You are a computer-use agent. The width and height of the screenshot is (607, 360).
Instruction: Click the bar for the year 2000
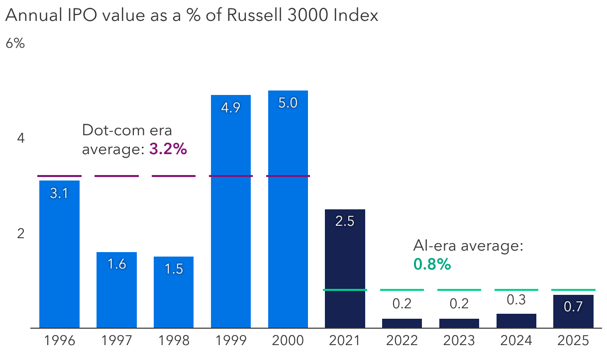click(x=288, y=209)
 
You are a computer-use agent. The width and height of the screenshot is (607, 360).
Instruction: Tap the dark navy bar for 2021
click(x=345, y=269)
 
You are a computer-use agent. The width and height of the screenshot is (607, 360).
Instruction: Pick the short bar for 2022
click(x=402, y=323)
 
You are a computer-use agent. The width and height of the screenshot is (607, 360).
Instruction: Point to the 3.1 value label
click(x=59, y=193)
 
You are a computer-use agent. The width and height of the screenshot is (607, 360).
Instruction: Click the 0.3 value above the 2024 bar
click(x=516, y=300)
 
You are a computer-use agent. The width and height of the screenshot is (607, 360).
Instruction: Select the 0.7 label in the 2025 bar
click(x=573, y=307)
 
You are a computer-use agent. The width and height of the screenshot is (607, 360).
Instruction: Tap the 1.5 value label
click(x=173, y=269)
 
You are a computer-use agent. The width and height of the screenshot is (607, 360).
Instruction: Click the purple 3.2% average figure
click(x=168, y=149)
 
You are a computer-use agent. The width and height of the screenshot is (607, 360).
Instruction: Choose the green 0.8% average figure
click(x=432, y=265)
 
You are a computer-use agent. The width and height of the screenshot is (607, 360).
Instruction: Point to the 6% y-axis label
click(x=15, y=43)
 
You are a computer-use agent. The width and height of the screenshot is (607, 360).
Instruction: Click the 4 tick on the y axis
click(x=21, y=138)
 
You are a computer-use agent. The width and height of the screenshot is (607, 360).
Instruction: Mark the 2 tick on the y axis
click(x=21, y=233)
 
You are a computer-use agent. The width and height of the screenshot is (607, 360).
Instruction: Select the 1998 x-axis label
click(x=173, y=341)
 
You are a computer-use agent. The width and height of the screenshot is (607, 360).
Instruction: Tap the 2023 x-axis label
click(x=459, y=341)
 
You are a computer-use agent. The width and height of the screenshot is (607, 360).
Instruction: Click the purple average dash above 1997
click(x=116, y=176)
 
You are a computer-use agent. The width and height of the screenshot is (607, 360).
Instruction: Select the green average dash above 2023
click(x=459, y=289)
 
